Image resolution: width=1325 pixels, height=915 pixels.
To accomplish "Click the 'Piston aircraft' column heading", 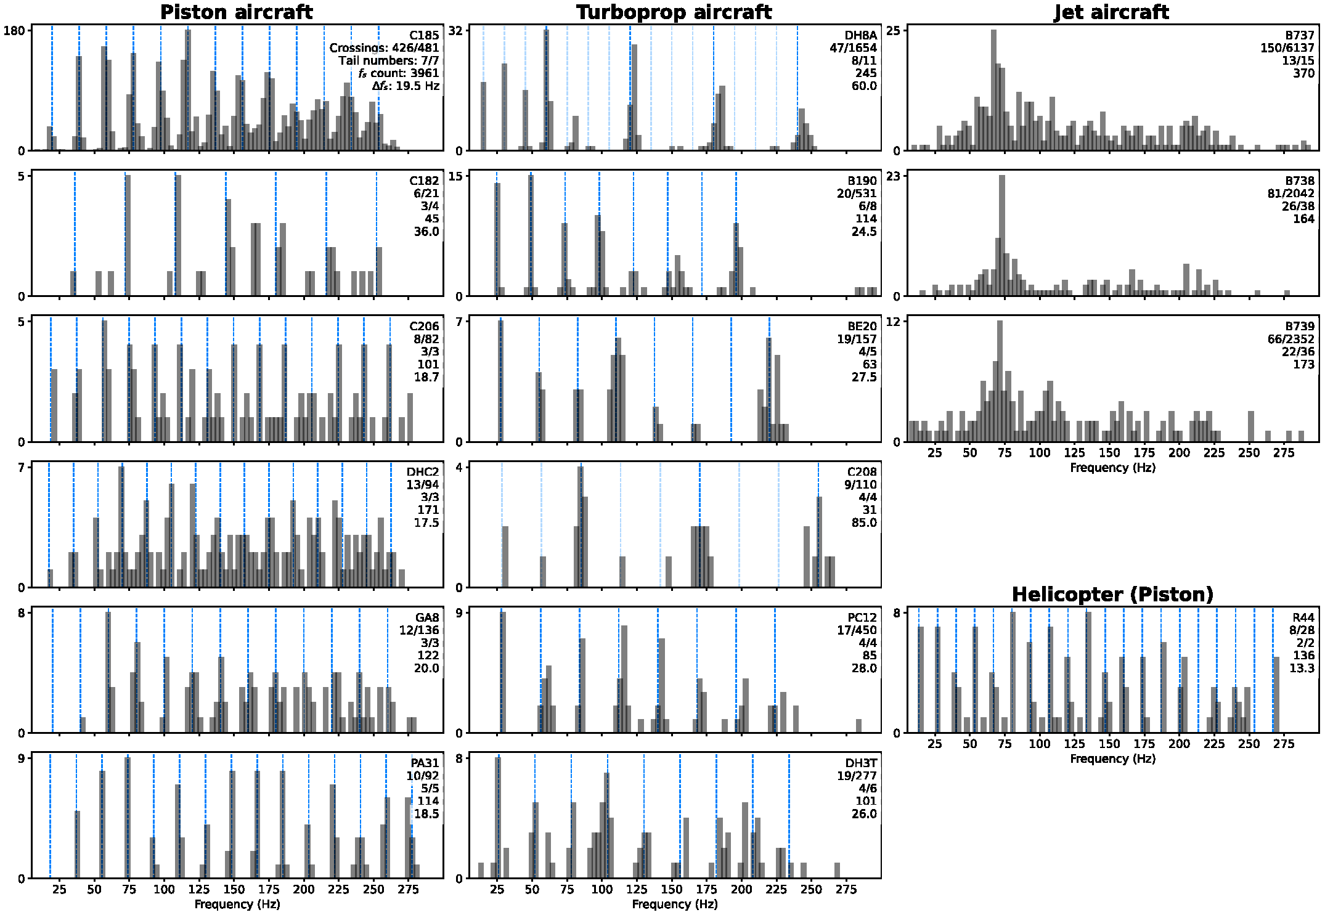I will pyautogui.click(x=237, y=12).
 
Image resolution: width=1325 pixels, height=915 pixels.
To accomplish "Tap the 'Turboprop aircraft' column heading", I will pyautogui.click(x=674, y=12).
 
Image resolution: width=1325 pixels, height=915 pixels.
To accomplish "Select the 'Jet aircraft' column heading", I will pyautogui.click(x=1111, y=12).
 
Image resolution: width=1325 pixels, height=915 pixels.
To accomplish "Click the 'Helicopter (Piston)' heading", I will pyautogui.click(x=1112, y=594).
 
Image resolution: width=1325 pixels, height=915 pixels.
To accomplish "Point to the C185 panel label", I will pyautogui.click(x=424, y=35).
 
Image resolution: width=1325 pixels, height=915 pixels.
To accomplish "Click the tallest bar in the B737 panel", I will pyautogui.click(x=993, y=89).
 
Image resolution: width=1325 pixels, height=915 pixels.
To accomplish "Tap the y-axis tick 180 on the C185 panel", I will pyautogui.click(x=14, y=30).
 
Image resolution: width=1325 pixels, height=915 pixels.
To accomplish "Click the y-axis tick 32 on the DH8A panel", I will pyautogui.click(x=455, y=30).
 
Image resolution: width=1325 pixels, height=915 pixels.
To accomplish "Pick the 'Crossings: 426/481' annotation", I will pyautogui.click(x=384, y=47).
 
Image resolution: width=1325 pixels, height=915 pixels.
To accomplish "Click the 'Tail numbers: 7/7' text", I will pyautogui.click(x=388, y=60).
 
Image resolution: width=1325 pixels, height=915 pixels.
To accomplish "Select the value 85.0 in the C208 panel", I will pyautogui.click(x=864, y=523).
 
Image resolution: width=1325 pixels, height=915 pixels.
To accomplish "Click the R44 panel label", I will pyautogui.click(x=1303, y=617).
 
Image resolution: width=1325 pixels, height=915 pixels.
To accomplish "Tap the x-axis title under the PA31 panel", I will pyautogui.click(x=237, y=904).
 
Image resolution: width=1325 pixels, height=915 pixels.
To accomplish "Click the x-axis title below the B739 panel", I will pyautogui.click(x=1112, y=468).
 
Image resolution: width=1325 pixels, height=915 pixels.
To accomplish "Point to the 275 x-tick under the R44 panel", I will pyautogui.click(x=1284, y=744).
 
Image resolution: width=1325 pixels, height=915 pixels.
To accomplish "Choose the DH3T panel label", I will pyautogui.click(x=861, y=763).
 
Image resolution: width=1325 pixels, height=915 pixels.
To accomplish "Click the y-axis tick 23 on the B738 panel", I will pyautogui.click(x=893, y=176).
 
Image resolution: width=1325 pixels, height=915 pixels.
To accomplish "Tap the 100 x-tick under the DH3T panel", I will pyautogui.click(x=602, y=889).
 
